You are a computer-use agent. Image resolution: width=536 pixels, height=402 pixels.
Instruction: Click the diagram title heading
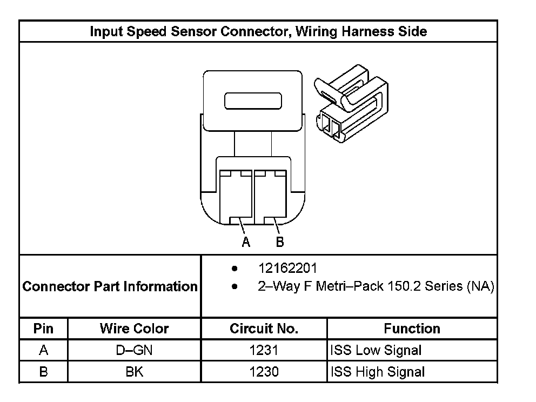(258, 31)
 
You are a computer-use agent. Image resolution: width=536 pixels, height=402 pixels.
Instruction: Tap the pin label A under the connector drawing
(246, 242)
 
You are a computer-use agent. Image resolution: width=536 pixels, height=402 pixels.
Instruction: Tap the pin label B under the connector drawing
(280, 242)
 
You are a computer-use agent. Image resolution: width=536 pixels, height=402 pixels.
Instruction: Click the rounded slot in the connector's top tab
(253, 102)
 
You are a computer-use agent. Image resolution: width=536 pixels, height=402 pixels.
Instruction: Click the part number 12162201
(287, 269)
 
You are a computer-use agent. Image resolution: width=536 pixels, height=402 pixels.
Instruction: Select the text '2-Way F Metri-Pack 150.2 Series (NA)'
(376, 286)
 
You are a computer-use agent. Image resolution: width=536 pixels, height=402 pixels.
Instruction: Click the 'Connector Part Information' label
(110, 286)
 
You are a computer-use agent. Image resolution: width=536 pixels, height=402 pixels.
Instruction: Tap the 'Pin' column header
(44, 329)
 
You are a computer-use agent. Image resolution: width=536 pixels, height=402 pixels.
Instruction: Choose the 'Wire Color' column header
(134, 329)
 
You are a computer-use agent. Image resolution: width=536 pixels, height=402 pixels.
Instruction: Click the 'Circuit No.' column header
(264, 329)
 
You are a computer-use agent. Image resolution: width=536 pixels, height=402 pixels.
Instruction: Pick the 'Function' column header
(412, 329)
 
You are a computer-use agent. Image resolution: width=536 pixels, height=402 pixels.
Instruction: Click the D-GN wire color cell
(134, 350)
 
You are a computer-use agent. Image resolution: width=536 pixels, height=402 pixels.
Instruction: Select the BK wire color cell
(134, 372)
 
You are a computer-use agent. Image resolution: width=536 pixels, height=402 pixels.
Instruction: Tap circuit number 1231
(264, 350)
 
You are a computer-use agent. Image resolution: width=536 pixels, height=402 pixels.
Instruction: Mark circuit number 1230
(264, 372)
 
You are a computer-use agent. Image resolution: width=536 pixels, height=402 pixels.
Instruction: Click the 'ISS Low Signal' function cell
(376, 350)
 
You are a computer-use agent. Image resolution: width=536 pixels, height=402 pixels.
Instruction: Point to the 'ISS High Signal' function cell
(377, 372)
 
